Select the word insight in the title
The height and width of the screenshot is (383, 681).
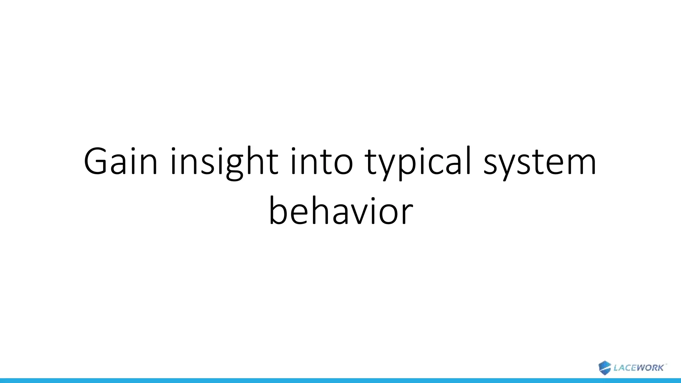pos(224,162)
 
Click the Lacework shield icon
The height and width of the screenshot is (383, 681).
pos(605,368)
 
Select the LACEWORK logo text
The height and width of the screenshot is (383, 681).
pos(638,368)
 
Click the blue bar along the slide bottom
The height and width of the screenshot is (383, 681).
pos(340,380)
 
